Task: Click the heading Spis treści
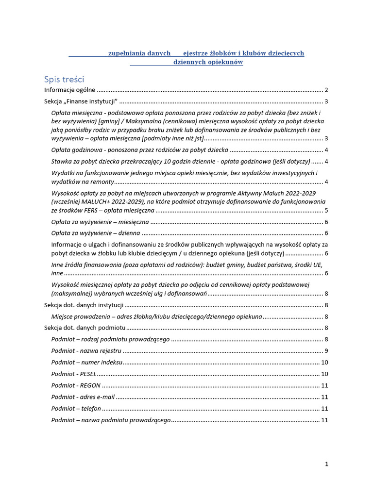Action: click(64, 79)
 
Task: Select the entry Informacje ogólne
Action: click(70, 90)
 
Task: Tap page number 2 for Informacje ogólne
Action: click(327, 90)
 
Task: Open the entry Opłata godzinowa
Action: click(140, 150)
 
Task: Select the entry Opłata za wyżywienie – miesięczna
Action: click(100, 222)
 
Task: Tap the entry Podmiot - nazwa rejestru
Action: click(86, 351)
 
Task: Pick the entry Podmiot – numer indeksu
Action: click(87, 363)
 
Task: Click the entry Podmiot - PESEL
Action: click(74, 374)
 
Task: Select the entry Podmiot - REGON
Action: click(76, 385)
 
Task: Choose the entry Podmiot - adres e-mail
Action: click(83, 397)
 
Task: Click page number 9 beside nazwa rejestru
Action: click(327, 351)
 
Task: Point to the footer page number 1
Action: click(327, 464)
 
